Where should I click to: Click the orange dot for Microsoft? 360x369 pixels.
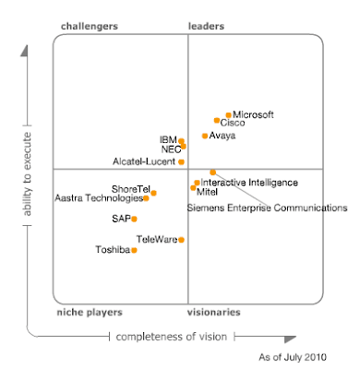coord(228,115)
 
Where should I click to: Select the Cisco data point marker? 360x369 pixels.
coord(217,121)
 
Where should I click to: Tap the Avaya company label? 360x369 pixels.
coord(222,136)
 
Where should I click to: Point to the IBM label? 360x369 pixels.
coord(167,139)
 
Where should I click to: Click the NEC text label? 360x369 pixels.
coord(169,148)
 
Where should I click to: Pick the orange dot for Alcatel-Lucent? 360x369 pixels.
coord(182,161)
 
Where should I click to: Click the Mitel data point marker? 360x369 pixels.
coord(193,187)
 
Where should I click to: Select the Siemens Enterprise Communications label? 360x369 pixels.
coord(267,208)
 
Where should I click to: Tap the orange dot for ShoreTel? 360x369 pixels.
coord(153,193)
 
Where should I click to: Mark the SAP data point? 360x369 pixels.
coord(134,219)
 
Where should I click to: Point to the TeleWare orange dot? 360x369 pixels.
coord(182,240)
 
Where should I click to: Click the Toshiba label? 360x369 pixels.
coord(113,250)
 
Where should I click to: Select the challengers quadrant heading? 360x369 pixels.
coord(89,27)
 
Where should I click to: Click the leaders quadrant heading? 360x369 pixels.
coord(206,27)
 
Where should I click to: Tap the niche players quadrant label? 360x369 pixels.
coord(90,313)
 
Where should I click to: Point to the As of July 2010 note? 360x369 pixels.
coord(293,357)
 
